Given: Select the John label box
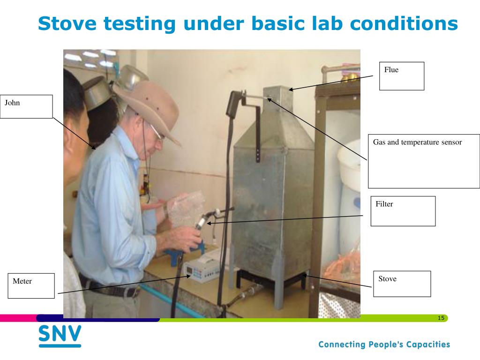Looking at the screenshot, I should pos(26,106).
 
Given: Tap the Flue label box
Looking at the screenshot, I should pos(401,76).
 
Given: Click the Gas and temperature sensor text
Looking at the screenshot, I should pos(417,142).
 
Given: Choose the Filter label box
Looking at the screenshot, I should pos(403,211).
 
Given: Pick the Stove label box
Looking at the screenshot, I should pos(402,284).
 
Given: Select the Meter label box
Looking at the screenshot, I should pos(31,285).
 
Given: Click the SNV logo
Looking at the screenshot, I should pos(60,336).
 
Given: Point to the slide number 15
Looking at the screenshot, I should pos(441,318).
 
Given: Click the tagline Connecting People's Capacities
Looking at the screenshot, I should pos(384,345).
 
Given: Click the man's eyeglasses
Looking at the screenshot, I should pos(156,134).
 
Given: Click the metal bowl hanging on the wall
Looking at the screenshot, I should pos(96,94).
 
